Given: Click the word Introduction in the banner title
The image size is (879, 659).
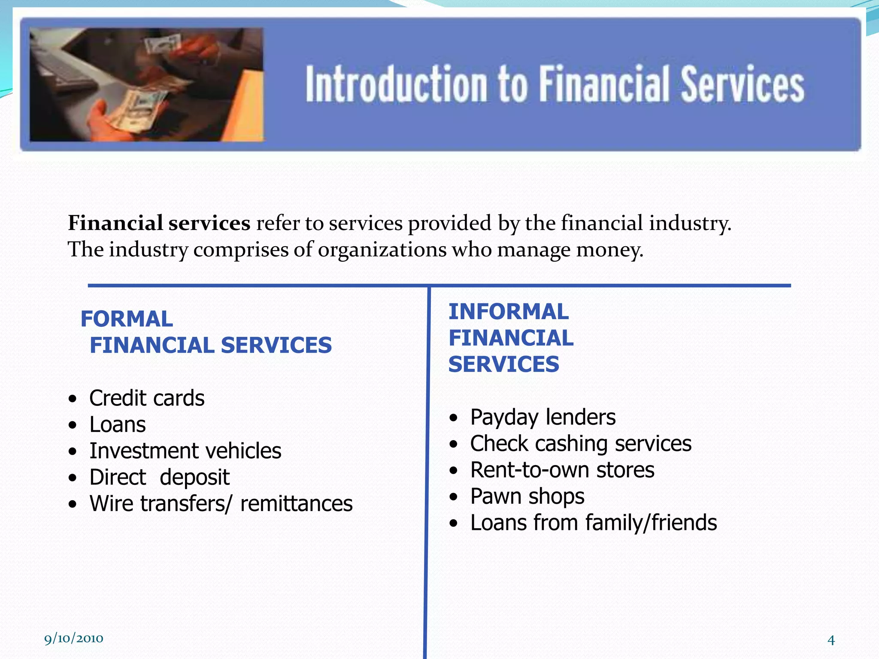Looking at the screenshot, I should [396, 84].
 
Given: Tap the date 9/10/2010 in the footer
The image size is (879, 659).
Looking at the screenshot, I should [73, 638].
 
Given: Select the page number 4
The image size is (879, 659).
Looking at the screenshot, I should [831, 640].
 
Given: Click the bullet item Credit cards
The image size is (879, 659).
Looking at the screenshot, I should [146, 398].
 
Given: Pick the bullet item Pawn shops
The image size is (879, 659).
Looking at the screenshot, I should [527, 496].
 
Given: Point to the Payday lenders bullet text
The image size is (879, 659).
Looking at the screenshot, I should [543, 417].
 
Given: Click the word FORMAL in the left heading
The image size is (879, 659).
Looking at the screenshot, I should [127, 319].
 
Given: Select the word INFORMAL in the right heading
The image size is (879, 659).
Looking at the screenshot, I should [508, 311].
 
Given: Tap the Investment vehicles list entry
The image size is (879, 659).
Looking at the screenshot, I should [185, 451].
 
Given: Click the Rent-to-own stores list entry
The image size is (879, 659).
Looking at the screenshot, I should [562, 470].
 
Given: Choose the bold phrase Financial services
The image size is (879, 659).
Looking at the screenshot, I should [159, 223].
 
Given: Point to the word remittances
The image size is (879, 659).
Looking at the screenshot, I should [296, 504].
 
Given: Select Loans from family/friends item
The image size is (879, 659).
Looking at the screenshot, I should [593, 523].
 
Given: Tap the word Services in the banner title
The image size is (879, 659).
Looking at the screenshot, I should [743, 84].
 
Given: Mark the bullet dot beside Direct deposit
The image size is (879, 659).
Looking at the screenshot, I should [73, 478].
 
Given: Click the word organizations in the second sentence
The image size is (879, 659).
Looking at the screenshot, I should [382, 250].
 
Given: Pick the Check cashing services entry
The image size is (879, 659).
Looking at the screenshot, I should [580, 444].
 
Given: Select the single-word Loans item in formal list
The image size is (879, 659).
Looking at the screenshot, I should [117, 425].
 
